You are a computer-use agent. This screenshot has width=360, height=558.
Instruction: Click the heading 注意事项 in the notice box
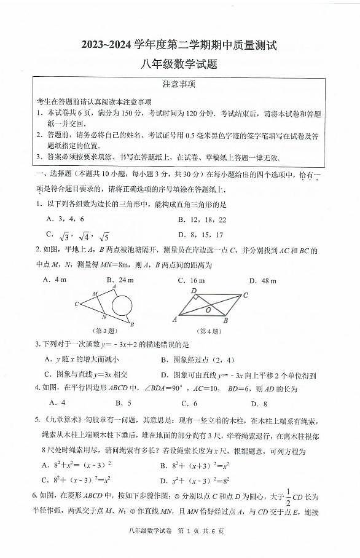click(179, 84)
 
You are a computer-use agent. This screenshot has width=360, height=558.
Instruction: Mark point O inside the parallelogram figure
click(209, 309)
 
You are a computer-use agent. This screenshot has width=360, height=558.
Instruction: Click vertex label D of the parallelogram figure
click(194, 290)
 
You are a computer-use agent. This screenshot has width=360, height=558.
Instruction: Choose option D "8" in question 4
click(259, 403)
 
